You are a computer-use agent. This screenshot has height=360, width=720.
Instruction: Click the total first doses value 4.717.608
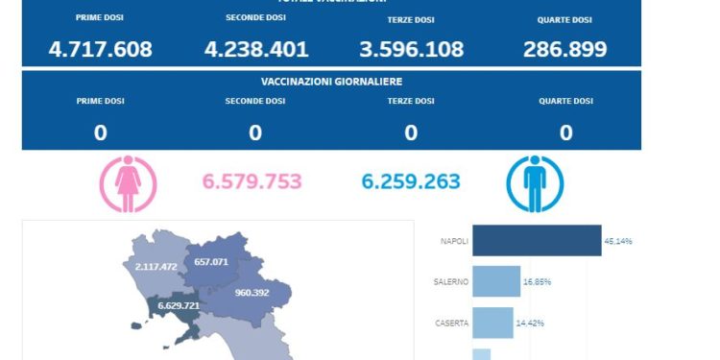coord(100,49)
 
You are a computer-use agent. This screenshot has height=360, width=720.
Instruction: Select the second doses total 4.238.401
coord(255,49)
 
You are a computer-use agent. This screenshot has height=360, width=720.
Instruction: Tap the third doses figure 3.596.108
coord(411,49)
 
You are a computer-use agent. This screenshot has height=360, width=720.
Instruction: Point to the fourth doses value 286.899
coord(564,49)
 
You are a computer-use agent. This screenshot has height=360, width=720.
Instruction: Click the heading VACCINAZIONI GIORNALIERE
coord(331,83)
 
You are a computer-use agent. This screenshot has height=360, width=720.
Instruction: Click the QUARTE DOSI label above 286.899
coord(564,18)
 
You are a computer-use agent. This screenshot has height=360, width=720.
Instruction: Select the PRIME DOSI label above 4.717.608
coord(100,18)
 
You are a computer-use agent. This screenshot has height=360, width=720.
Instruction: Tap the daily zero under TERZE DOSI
coord(411,132)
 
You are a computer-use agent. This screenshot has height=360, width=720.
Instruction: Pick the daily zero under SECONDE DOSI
coord(255,132)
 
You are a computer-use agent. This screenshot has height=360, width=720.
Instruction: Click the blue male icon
coord(535,183)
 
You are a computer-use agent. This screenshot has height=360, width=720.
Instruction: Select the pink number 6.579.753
coord(252,181)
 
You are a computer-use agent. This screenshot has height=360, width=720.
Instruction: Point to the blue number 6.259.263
coord(410,181)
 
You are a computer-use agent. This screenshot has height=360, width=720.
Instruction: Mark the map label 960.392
coord(255,292)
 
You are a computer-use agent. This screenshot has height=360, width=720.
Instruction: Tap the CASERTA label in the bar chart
coord(451,324)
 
